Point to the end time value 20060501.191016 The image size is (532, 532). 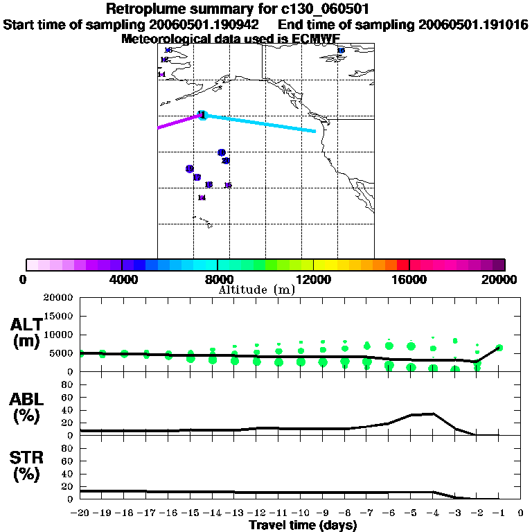(473, 24)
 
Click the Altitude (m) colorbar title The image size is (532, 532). (256, 290)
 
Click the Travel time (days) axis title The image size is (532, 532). (303, 525)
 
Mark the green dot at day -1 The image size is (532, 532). (499, 348)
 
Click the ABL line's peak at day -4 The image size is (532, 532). (433, 414)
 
